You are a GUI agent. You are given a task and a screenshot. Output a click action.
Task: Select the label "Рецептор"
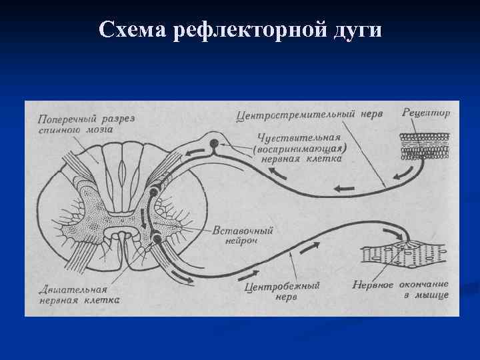pyautogui.click(x=426, y=113)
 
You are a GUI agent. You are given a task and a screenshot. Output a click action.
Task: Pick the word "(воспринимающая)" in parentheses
pyautogui.click(x=300, y=149)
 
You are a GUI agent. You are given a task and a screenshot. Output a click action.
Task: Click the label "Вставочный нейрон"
pyautogui.click(x=242, y=235)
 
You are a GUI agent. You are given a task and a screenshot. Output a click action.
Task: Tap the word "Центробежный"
pyautogui.click(x=283, y=286)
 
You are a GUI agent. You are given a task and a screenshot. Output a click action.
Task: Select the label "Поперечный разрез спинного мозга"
pyautogui.click(x=87, y=124)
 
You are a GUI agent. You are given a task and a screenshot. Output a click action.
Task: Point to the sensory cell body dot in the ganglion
pyautogui.click(x=214, y=143)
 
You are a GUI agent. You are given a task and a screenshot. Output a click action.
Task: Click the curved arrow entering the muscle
pyautogui.click(x=397, y=233)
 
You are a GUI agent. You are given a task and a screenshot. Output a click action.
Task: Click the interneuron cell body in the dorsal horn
pyautogui.click(x=154, y=193)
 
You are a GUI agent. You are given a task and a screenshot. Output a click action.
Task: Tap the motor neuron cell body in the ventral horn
pyautogui.click(x=156, y=238)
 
